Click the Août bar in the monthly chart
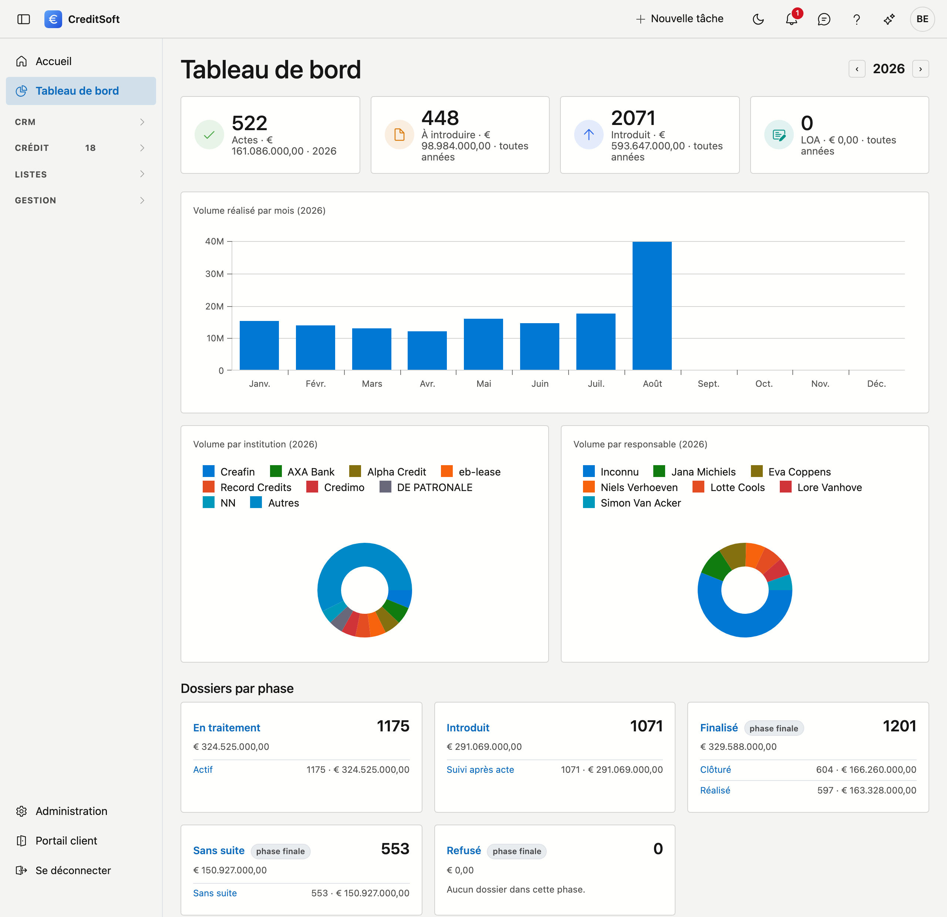(x=652, y=306)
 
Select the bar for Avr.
(x=427, y=351)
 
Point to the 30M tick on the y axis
(x=215, y=274)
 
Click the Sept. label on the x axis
(x=708, y=383)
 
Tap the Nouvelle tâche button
(x=680, y=19)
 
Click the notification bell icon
(x=791, y=19)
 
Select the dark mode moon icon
(x=758, y=19)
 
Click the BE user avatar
(x=922, y=19)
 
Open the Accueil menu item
(x=53, y=61)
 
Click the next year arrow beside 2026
(x=920, y=69)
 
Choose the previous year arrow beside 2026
(x=857, y=69)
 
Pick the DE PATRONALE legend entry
(x=426, y=487)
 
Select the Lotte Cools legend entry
(x=729, y=487)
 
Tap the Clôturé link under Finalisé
(x=715, y=770)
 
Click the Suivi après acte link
(x=480, y=770)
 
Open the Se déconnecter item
(x=63, y=870)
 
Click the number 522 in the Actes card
(x=249, y=123)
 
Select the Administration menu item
(x=61, y=811)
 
